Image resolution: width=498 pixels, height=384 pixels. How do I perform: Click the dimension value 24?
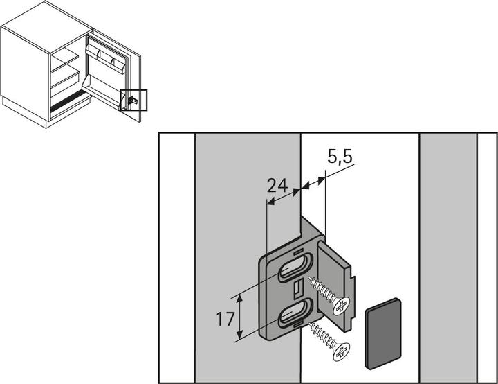click(277, 185)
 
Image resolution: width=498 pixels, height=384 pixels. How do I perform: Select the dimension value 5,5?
click(340, 158)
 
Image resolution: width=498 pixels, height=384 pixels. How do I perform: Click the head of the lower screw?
click(342, 351)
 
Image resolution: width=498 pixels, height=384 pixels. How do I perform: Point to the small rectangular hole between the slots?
click(296, 288)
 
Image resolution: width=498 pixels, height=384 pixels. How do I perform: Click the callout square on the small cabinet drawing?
click(133, 101)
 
